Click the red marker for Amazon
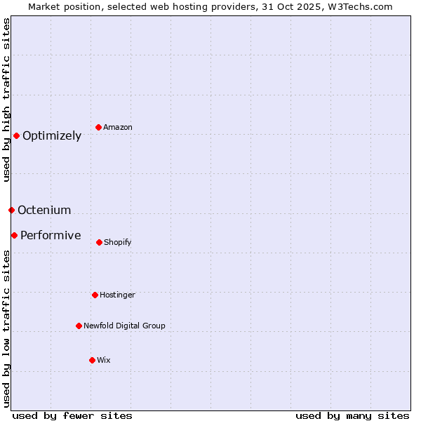pyautogui.click(x=99, y=127)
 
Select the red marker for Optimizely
pyautogui.click(x=16, y=135)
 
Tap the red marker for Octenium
pyautogui.click(x=11, y=210)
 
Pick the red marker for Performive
pyautogui.click(x=14, y=235)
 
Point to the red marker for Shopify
pyautogui.click(x=99, y=242)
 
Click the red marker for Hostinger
pyautogui.click(x=95, y=295)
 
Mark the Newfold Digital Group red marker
pyautogui.click(x=79, y=326)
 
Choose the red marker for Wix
pyautogui.click(x=92, y=360)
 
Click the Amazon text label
pyautogui.click(x=118, y=128)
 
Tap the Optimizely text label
pyautogui.click(x=52, y=136)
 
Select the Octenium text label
pyautogui.click(x=44, y=210)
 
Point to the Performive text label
pyautogui.click(x=51, y=236)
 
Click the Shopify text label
pyautogui.click(x=118, y=243)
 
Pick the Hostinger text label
pyautogui.click(x=117, y=295)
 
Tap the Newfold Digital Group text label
pyautogui.click(x=124, y=326)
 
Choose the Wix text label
pyautogui.click(x=104, y=361)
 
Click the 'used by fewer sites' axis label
pyautogui.click(x=72, y=416)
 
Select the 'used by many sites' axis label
pyautogui.click(x=352, y=416)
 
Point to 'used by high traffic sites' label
pyautogui.click(x=6, y=100)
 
